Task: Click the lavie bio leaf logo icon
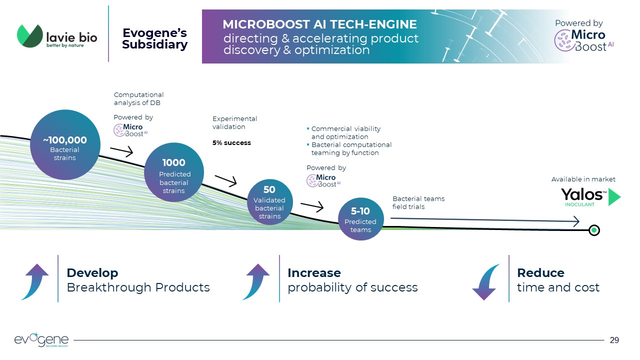[30, 36]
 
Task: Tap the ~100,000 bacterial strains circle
[64, 145]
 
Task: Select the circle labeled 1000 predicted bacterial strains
[174, 173]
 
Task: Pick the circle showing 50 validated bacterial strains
[269, 202]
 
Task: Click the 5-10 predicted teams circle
[360, 219]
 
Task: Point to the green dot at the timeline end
[594, 230]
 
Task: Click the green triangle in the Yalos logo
[614, 197]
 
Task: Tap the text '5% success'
[231, 143]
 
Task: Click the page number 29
[614, 340]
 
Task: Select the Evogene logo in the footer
[41, 340]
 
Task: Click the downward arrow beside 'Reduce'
[485, 282]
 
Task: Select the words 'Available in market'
[583, 179]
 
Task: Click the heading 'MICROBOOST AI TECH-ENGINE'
[319, 24]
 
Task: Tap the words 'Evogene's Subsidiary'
[154, 39]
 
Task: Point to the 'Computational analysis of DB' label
[138, 98]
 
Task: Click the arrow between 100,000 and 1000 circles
[121, 150]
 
